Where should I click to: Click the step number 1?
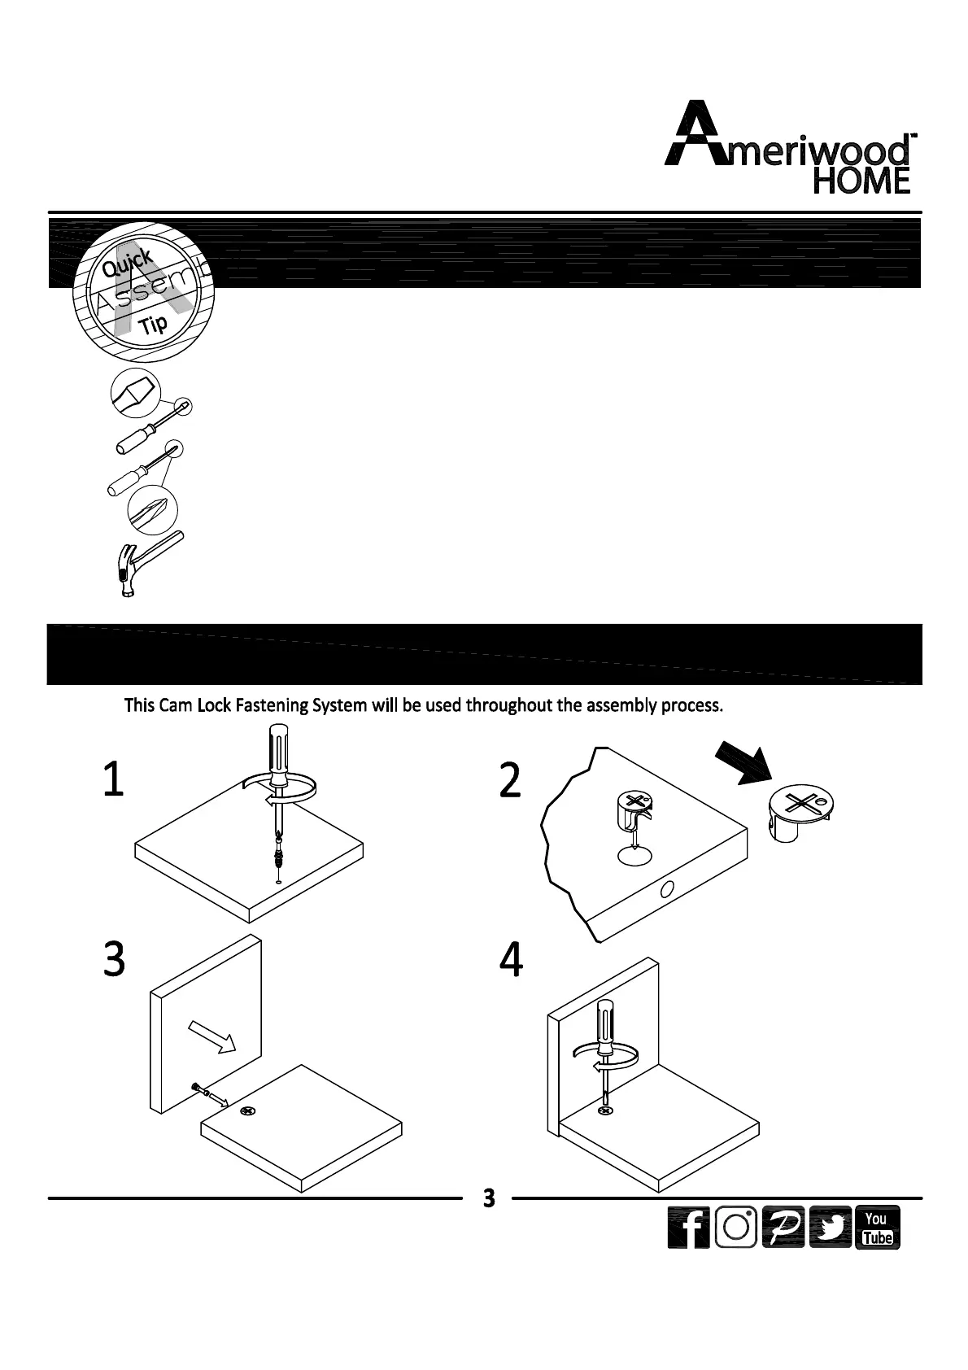[x=113, y=779]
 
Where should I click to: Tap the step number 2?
[x=509, y=781]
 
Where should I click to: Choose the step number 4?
[x=511, y=960]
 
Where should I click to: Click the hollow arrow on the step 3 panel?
[x=211, y=1036]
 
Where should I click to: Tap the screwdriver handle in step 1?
[x=277, y=752]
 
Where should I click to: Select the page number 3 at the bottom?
[x=488, y=1198]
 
